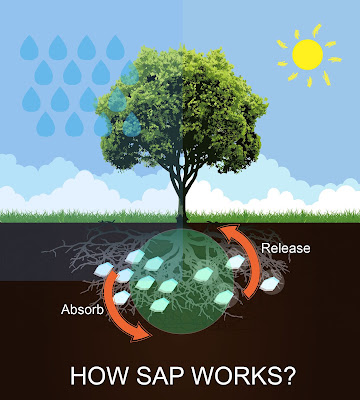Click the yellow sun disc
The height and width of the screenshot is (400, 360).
pos(307,54)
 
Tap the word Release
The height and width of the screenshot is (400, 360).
pos(286,248)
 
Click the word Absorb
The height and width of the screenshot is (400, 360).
pos(82,309)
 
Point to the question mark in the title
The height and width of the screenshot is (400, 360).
pos(287,375)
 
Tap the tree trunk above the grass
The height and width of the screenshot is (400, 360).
pos(181,200)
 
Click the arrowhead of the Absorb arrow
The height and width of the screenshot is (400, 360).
pos(143,334)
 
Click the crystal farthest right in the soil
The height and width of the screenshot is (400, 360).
pos(269,284)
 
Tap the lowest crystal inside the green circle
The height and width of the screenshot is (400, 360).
pos(159,305)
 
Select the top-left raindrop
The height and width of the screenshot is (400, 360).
pos(29,47)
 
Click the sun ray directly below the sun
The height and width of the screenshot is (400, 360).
pos(309,82)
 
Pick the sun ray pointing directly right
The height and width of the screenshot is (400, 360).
pos(335,60)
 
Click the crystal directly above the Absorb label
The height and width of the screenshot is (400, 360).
pos(121,297)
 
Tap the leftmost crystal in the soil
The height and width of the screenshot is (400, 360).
pos(104,269)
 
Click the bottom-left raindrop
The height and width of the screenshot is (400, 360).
pos(46,124)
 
